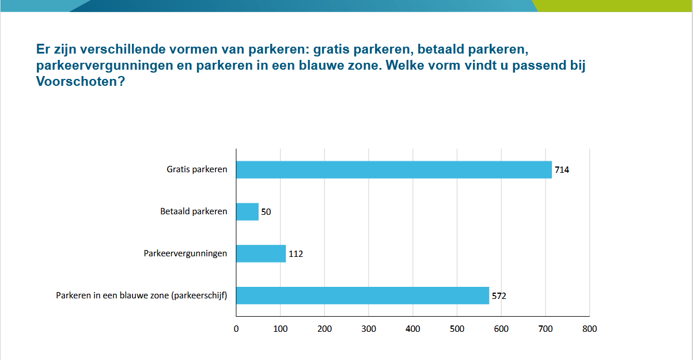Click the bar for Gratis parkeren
pos(394,170)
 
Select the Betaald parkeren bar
pos(248,211)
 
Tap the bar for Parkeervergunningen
pos(261,253)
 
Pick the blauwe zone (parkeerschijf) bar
pos(363,295)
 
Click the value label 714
pos(562,170)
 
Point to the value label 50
pos(266,212)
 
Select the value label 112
pos(296,254)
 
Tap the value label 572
pos(499,296)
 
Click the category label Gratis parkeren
pos(197,170)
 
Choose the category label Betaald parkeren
pos(194,211)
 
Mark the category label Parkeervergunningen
pos(185,253)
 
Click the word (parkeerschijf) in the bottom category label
pos(202,295)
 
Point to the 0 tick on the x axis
pos(236,329)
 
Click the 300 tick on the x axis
pos(369,329)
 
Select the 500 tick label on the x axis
pos(457,329)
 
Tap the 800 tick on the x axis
pos(589,329)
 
